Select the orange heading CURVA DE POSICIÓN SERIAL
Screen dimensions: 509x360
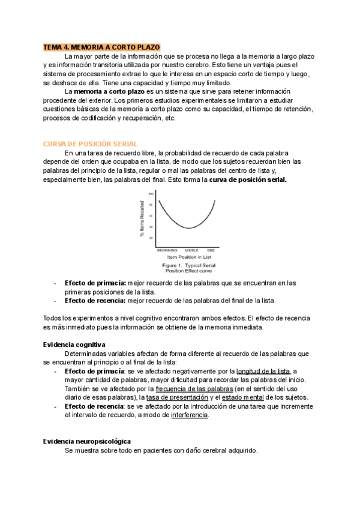point(91,144)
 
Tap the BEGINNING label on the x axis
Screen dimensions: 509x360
point(167,250)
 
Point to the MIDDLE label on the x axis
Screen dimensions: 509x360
point(191,250)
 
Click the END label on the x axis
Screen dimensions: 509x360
point(211,250)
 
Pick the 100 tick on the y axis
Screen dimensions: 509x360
point(151,194)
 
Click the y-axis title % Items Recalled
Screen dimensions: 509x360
point(142,220)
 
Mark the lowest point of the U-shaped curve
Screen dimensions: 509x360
point(188,228)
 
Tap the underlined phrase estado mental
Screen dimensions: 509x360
point(243,398)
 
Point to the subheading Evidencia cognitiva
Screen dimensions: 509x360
point(74,345)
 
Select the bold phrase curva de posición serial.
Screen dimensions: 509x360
point(248,179)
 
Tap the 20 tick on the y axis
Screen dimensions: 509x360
point(152,238)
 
